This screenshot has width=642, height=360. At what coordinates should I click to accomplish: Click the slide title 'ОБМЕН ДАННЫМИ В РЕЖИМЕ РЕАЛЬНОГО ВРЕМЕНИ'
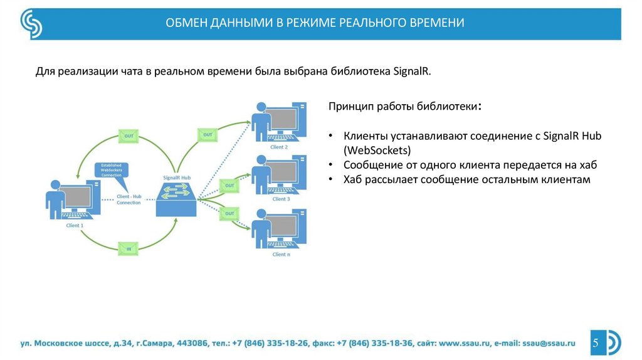point(315,23)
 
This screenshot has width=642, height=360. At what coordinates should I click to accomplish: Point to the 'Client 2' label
point(279,147)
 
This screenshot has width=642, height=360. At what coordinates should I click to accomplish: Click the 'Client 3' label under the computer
point(280,199)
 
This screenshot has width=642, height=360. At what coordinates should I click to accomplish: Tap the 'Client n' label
point(280,255)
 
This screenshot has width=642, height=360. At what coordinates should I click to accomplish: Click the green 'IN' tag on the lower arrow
point(129,249)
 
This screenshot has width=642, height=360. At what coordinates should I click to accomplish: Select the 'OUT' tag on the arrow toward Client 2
point(208,135)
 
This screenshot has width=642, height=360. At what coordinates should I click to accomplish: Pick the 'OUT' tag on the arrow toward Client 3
point(229,186)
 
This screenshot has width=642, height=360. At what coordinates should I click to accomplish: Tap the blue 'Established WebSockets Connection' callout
point(112,170)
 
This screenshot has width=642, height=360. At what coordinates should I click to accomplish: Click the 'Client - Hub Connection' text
point(129,199)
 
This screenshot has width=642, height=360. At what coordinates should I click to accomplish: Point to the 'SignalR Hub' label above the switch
point(176,178)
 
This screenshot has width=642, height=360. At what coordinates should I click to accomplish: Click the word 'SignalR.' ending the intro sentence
point(413,71)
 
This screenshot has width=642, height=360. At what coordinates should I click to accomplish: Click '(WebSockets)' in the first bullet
point(377,151)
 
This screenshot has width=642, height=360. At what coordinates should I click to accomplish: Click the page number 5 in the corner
point(596,343)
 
